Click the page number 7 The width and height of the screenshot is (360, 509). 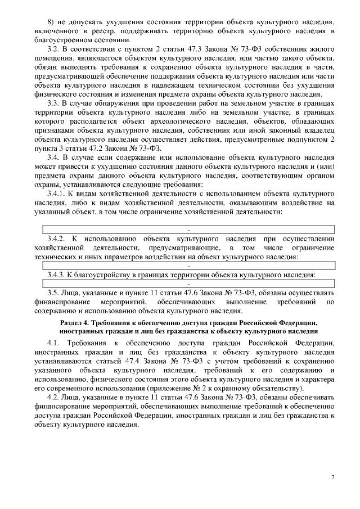[332, 477]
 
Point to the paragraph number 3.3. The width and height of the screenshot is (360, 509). [54, 103]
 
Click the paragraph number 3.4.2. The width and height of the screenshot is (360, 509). [58, 238]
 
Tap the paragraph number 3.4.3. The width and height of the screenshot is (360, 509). [57, 274]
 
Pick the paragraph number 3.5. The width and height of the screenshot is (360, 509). [54, 292]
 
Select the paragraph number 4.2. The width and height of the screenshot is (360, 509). [54, 397]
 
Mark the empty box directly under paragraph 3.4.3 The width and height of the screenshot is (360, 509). [188, 283]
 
